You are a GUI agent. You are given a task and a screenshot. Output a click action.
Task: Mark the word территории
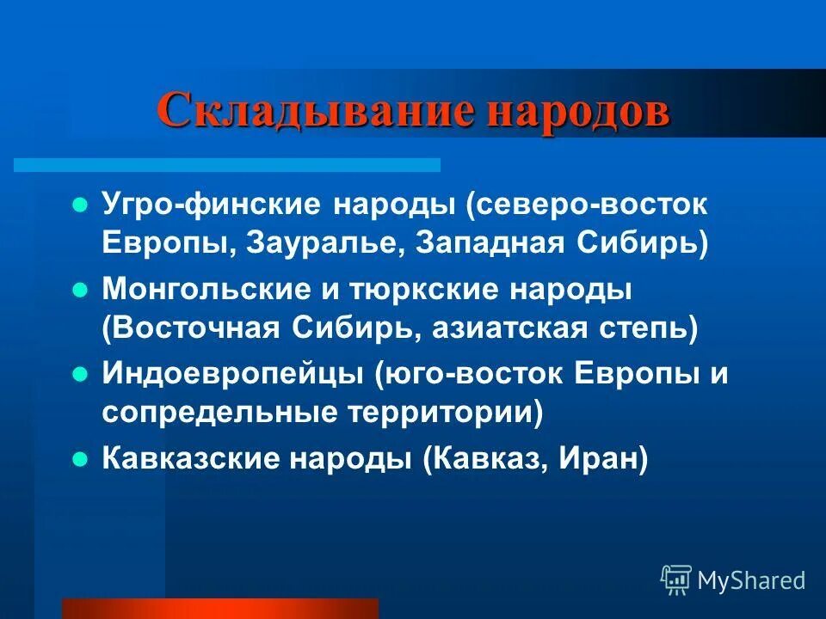451,413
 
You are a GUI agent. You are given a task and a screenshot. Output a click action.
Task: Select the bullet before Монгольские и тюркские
80,291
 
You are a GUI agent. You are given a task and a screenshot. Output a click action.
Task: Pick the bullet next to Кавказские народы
80,459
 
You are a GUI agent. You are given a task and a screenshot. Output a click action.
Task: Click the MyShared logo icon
675,580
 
